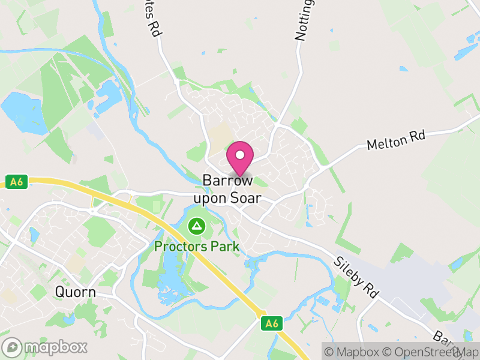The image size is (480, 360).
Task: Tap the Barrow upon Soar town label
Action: (227, 188)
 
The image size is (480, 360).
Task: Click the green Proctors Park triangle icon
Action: (196, 227)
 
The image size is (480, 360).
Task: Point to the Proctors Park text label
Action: (197, 246)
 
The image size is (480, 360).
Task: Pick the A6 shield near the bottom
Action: (272, 323)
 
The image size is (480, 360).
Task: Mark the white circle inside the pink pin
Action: (240, 155)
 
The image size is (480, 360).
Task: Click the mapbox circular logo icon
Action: (12, 347)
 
